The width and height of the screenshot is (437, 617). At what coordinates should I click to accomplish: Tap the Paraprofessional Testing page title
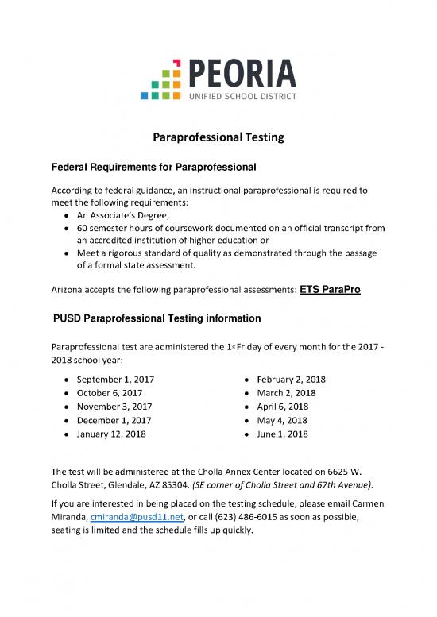[x=218, y=137]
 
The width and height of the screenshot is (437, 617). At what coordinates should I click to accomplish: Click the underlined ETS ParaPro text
[x=331, y=290]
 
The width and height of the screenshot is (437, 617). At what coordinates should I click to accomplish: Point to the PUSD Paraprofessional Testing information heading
[x=157, y=318]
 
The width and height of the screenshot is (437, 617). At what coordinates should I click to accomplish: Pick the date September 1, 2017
[x=115, y=380]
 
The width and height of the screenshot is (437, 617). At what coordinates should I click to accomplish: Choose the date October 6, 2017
[x=110, y=392]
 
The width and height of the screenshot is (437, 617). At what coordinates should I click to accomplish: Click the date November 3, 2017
[x=114, y=406]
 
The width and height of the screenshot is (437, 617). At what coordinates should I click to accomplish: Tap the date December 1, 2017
[x=114, y=419]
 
